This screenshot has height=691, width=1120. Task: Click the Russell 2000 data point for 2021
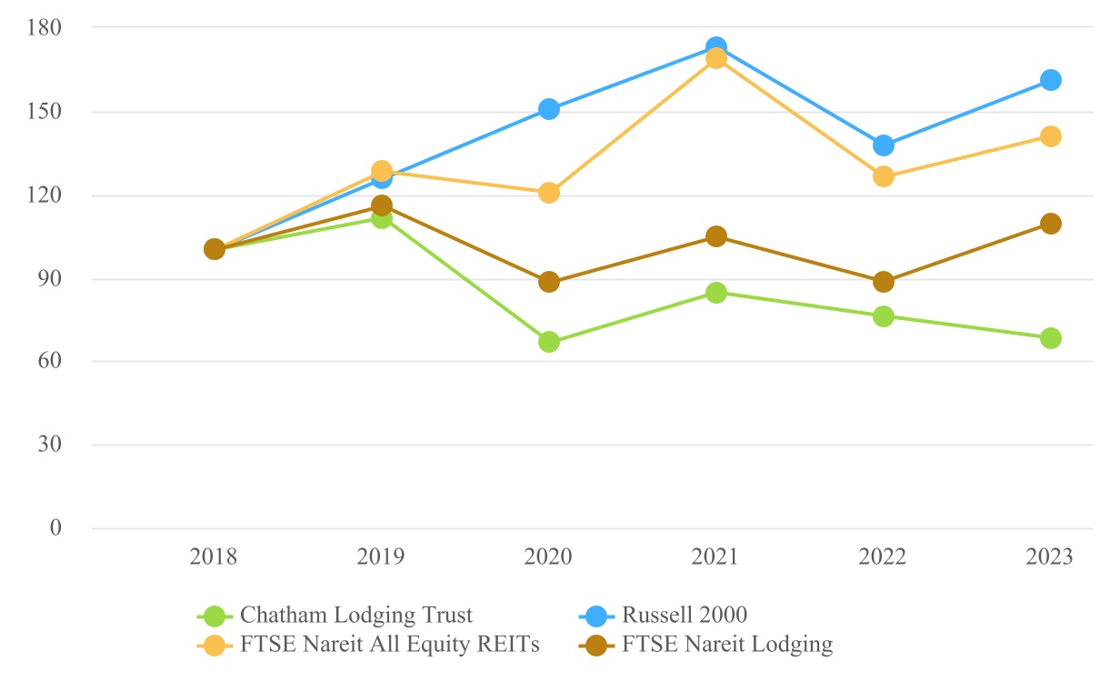coord(716,46)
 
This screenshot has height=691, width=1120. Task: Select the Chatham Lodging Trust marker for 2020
coord(549,342)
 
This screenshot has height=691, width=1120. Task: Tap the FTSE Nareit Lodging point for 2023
coord(1051,224)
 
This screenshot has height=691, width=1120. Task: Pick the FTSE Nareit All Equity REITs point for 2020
coord(549,193)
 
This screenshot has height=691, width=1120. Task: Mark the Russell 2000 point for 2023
coord(1051,80)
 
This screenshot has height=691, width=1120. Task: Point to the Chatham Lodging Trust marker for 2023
coord(1051,338)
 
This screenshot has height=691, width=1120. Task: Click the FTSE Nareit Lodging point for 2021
coord(716,236)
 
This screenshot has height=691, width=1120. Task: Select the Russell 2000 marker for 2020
coord(549,109)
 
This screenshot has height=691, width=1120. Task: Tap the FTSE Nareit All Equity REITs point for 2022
coord(884,176)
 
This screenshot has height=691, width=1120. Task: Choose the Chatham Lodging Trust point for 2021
coord(716,293)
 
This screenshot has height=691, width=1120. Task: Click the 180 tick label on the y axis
coord(45,28)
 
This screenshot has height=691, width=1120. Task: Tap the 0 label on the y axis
coord(55,529)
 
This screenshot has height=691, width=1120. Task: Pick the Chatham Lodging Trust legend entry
coord(356,616)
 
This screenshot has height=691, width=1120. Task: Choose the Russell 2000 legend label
coord(685,616)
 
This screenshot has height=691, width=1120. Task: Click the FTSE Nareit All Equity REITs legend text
coord(391,646)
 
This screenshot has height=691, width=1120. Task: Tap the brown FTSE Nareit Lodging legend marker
coord(596,646)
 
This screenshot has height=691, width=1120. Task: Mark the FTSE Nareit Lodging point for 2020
coord(549,282)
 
